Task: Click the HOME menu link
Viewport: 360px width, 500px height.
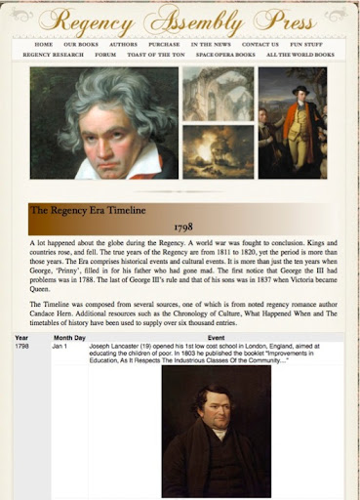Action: click(x=44, y=45)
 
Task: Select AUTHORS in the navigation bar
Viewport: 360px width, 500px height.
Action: click(x=123, y=45)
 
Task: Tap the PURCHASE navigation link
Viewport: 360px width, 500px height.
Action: click(x=164, y=45)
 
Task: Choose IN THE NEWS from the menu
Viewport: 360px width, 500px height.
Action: click(x=211, y=45)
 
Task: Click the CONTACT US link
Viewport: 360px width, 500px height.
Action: click(x=260, y=45)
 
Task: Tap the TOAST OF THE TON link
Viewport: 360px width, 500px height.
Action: click(x=156, y=56)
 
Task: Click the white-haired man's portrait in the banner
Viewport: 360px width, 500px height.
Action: click(x=103, y=122)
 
